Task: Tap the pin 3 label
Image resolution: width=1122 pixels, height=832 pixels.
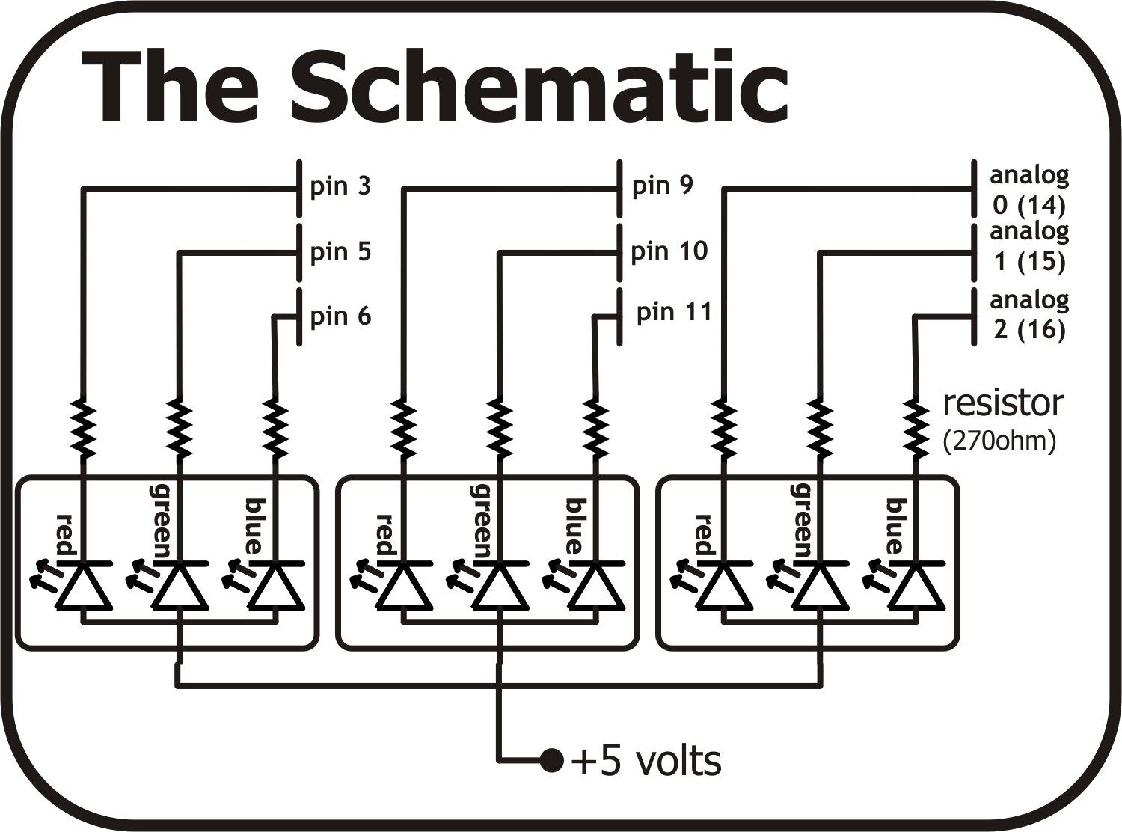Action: (340, 186)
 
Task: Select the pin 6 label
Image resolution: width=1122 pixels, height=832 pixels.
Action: (340, 316)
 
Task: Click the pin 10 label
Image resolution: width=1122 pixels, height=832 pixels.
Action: (669, 251)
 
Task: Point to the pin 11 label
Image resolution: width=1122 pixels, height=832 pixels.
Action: (673, 312)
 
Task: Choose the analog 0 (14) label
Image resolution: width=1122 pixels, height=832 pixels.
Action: (1028, 189)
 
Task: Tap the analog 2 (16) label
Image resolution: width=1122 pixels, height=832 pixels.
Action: (1028, 314)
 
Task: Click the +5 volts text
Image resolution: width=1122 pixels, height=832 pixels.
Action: (646, 762)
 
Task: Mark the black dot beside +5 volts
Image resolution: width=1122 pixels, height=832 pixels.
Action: (551, 761)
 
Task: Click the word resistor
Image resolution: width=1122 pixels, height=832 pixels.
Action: (1002, 403)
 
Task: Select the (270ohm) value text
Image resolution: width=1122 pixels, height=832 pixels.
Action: (999, 441)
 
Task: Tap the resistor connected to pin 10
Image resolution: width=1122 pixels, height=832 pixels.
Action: (499, 429)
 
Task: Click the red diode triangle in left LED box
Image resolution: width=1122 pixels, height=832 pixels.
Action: (84, 588)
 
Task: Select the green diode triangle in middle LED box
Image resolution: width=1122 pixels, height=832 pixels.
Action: (499, 588)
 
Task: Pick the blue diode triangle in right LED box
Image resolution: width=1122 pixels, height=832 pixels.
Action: (914, 588)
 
